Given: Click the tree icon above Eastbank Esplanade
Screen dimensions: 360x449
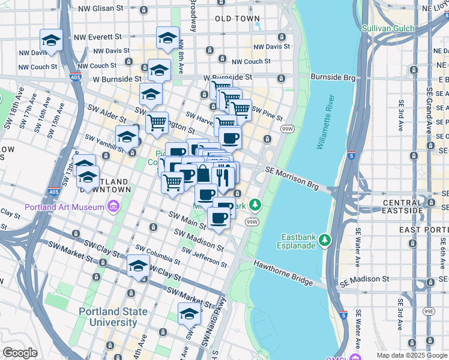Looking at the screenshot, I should [x=325, y=240].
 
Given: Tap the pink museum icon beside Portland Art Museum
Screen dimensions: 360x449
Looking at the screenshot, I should [x=112, y=208].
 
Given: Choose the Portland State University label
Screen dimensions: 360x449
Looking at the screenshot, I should [x=113, y=317].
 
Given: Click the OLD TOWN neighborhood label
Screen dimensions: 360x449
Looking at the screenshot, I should [x=238, y=19].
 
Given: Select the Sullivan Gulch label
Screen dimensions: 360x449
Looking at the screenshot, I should [x=390, y=28].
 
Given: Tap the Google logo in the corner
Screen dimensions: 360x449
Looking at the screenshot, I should [x=20, y=352].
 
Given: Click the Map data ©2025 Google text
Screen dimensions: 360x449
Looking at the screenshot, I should [x=412, y=355].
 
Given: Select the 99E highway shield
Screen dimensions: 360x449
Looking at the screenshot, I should [x=429, y=311].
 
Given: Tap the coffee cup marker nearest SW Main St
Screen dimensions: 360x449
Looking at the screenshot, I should [x=218, y=218].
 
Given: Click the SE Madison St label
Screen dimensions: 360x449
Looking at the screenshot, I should [x=364, y=280].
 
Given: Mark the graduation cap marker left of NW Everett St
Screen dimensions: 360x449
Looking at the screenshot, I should [x=52, y=41].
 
